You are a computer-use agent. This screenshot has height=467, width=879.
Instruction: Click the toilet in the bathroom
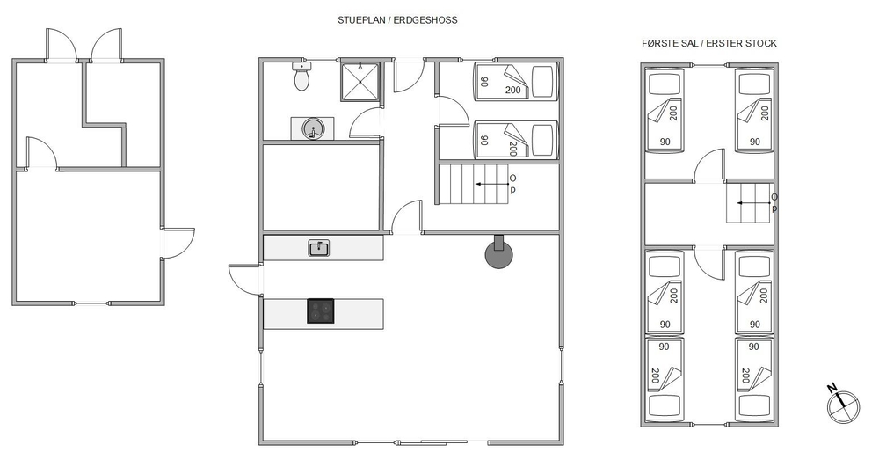click(301, 77)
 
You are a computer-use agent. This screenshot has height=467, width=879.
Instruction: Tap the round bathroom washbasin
click(312, 129)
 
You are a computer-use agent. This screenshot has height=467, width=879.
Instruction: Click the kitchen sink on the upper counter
click(319, 248)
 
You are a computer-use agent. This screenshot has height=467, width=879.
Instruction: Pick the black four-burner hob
click(320, 311)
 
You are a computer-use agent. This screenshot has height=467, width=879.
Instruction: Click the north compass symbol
click(842, 404)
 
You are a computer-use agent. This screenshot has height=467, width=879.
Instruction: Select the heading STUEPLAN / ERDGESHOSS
click(397, 20)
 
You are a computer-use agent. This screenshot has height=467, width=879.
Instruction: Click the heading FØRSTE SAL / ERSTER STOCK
click(709, 43)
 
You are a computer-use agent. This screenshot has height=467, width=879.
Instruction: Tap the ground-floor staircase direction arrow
click(490, 184)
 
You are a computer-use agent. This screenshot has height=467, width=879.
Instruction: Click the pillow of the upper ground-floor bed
click(541, 82)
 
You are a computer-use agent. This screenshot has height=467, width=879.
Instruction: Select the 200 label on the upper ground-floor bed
click(512, 90)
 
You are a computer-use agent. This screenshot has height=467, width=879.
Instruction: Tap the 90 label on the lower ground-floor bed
click(484, 140)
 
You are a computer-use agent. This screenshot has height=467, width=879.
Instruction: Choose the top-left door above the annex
click(61, 44)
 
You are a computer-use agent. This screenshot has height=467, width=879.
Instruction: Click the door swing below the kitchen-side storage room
click(406, 215)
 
